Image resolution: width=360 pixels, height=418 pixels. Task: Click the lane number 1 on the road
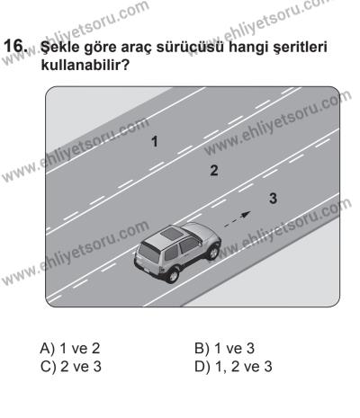pyautogui.click(x=155, y=141)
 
